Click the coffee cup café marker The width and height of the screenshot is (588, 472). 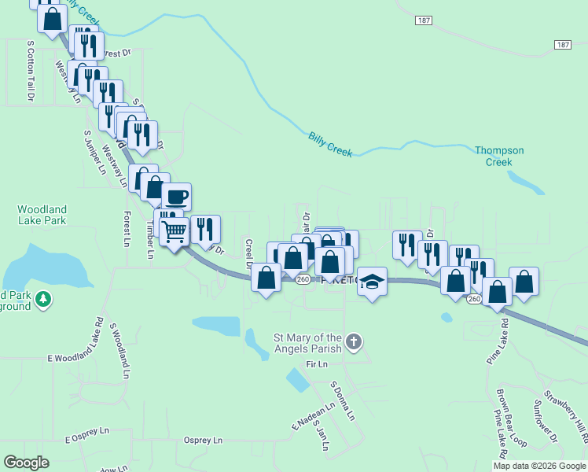[x=176, y=197]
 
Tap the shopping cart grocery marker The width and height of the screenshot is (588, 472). [x=174, y=231]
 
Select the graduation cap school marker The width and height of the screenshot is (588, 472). [x=372, y=281]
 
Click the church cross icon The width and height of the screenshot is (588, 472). [x=354, y=342]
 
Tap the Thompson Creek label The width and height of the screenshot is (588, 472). [x=499, y=156]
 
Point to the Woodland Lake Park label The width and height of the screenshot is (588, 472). [x=42, y=215]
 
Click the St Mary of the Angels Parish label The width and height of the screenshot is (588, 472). [x=307, y=343]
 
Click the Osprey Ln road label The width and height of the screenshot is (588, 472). [x=203, y=441]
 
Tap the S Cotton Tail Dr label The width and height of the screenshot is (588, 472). [x=31, y=71]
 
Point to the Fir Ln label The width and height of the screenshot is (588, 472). [x=316, y=364]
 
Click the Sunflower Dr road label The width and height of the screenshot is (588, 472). [x=544, y=422]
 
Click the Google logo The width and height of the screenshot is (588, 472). [x=26, y=463]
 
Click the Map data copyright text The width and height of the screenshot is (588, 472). [x=539, y=466]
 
